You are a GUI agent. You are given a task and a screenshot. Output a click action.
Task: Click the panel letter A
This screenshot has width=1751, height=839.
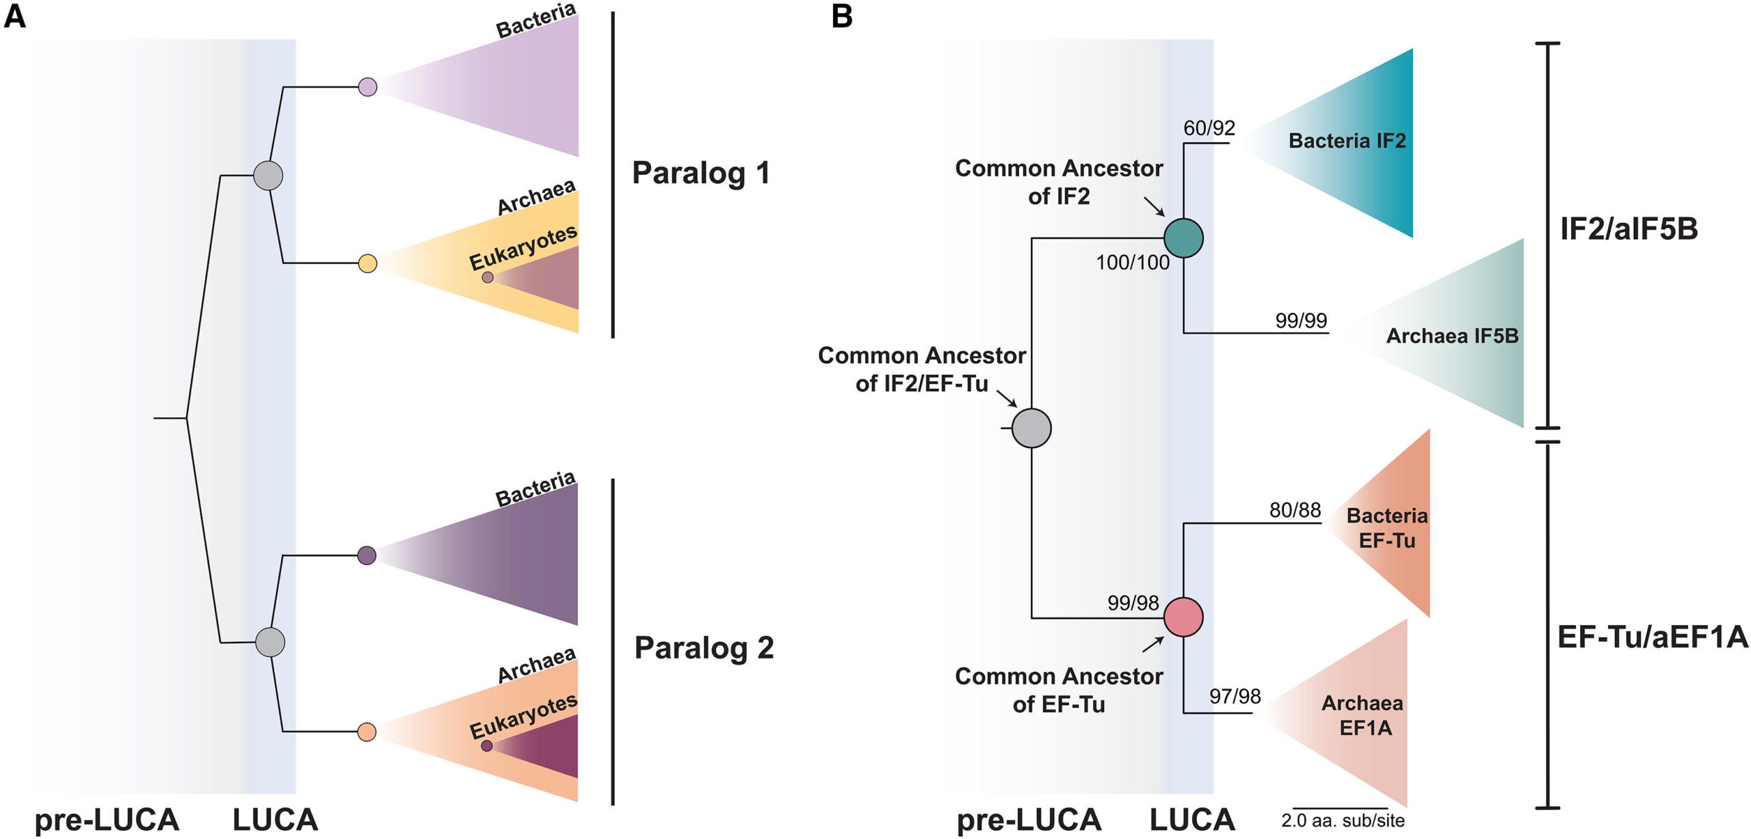pyautogui.click(x=14, y=15)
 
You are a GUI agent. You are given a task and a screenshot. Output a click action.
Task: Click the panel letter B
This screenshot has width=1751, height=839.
pyautogui.click(x=841, y=15)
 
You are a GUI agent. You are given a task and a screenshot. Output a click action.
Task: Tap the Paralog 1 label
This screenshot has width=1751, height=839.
pyautogui.click(x=701, y=172)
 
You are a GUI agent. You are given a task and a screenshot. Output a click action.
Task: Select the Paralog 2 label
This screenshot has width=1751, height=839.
pyautogui.click(x=704, y=647)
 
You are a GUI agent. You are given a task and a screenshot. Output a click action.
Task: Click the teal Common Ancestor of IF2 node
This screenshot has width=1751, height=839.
pyautogui.click(x=1183, y=238)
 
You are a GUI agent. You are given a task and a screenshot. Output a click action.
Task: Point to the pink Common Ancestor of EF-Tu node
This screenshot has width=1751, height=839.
pyautogui.click(x=1183, y=617)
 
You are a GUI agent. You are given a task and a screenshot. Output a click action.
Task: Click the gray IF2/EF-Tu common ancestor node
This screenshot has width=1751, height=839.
pyautogui.click(x=1031, y=428)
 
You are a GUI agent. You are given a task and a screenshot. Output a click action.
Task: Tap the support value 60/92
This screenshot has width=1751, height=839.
pyautogui.click(x=1209, y=128)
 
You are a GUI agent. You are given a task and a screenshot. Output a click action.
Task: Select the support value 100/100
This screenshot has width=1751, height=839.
pyautogui.click(x=1132, y=263)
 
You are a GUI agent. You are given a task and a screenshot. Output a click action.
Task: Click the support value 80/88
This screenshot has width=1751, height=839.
pyautogui.click(x=1295, y=510)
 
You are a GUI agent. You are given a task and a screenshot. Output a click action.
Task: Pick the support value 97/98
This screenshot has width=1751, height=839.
pyautogui.click(x=1235, y=696)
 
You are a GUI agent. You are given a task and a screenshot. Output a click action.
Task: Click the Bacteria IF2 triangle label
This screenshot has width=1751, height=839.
pyautogui.click(x=1347, y=141)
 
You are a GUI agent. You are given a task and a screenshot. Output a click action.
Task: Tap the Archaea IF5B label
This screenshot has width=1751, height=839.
pyautogui.click(x=1451, y=336)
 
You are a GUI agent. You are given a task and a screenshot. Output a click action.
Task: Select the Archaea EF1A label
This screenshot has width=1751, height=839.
pyautogui.click(x=1362, y=715)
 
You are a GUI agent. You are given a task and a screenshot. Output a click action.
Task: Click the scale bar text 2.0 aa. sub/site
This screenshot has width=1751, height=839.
pyautogui.click(x=1342, y=821)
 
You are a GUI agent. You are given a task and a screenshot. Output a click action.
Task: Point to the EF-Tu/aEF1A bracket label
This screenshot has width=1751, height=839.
pyautogui.click(x=1652, y=637)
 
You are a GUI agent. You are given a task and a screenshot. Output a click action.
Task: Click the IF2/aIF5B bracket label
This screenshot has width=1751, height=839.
pyautogui.click(x=1629, y=228)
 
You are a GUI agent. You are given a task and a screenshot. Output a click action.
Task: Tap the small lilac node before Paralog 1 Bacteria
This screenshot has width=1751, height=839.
pyautogui.click(x=367, y=87)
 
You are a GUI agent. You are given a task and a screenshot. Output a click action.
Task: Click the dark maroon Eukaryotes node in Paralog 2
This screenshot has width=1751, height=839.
pyautogui.click(x=486, y=745)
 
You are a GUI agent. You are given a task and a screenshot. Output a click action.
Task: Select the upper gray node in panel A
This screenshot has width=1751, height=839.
pyautogui.click(x=268, y=176)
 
